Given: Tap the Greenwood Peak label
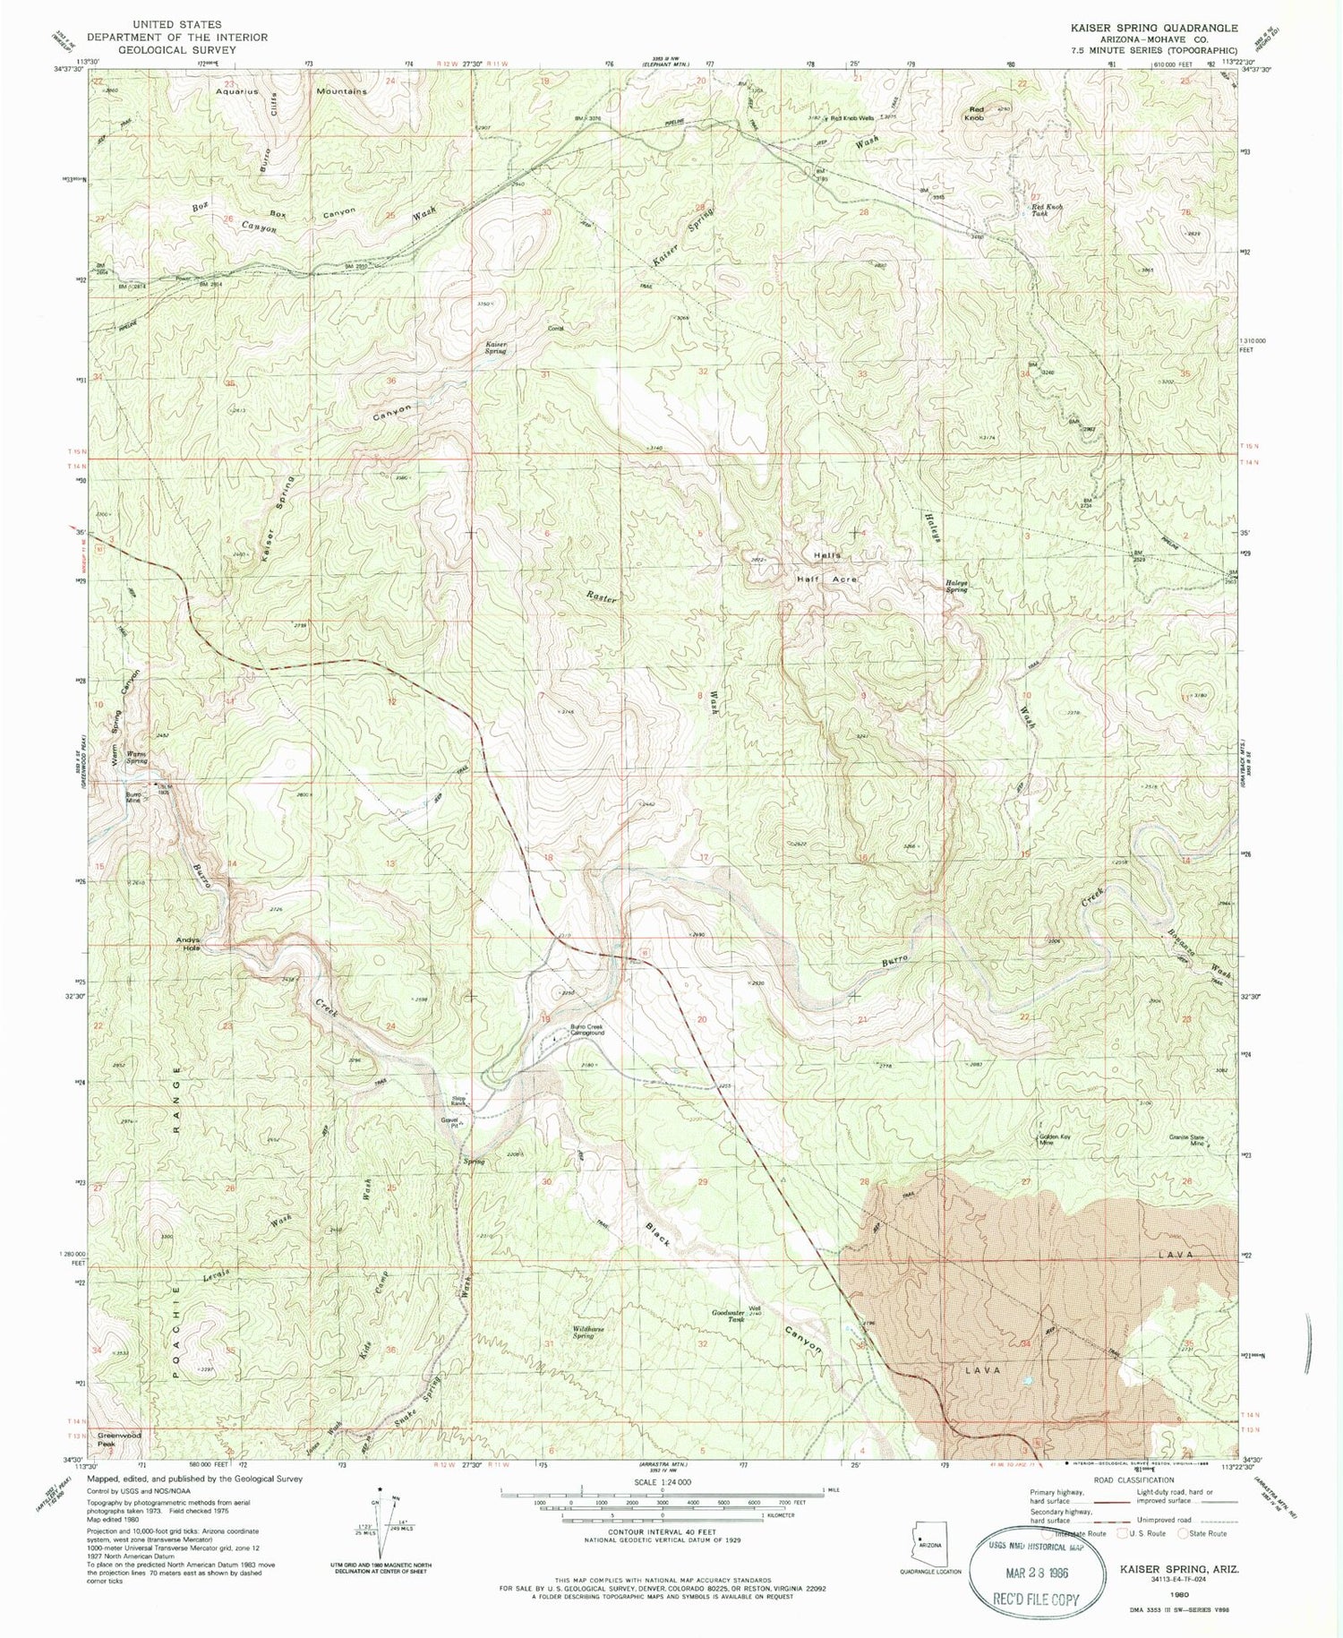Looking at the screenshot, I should coord(107,1440).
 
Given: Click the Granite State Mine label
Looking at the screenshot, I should coord(1187,1140).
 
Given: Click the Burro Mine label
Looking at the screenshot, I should coord(134,798).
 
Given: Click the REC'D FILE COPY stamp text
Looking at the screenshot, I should coord(1036,1600).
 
